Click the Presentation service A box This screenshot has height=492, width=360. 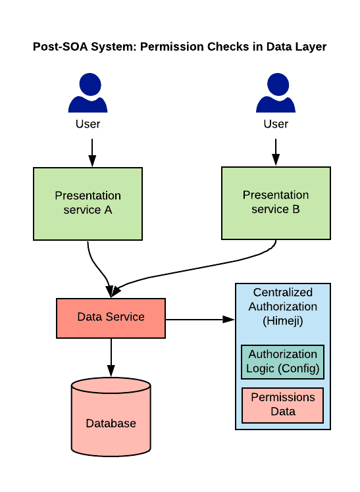pyautogui.click(x=88, y=204)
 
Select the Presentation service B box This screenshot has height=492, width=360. pyautogui.click(x=276, y=203)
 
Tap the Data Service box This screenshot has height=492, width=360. pyautogui.click(x=111, y=318)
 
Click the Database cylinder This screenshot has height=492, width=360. pyautogui.click(x=111, y=417)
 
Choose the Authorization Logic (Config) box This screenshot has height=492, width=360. pyautogui.click(x=282, y=362)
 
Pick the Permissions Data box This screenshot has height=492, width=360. pyautogui.click(x=282, y=405)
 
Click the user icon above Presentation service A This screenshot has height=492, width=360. pyautogui.click(x=88, y=93)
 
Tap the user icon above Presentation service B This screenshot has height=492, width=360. pyautogui.click(x=276, y=93)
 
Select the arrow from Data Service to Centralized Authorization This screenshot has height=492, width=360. pyautogui.click(x=200, y=320)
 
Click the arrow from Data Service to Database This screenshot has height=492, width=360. pyautogui.click(x=111, y=357)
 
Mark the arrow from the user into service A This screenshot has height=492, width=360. pyautogui.click(x=92, y=153)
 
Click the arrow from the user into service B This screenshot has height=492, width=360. pyautogui.click(x=276, y=152)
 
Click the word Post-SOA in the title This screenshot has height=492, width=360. pyautogui.click(x=61, y=47)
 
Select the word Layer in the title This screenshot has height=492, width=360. pyautogui.click(x=311, y=47)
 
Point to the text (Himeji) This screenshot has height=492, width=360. pyautogui.click(x=283, y=321)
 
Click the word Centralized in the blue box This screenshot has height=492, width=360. pyautogui.click(x=283, y=292)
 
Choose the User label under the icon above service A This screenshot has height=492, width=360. pyautogui.click(x=88, y=124)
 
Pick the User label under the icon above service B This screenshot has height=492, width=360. pyautogui.click(x=276, y=124)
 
